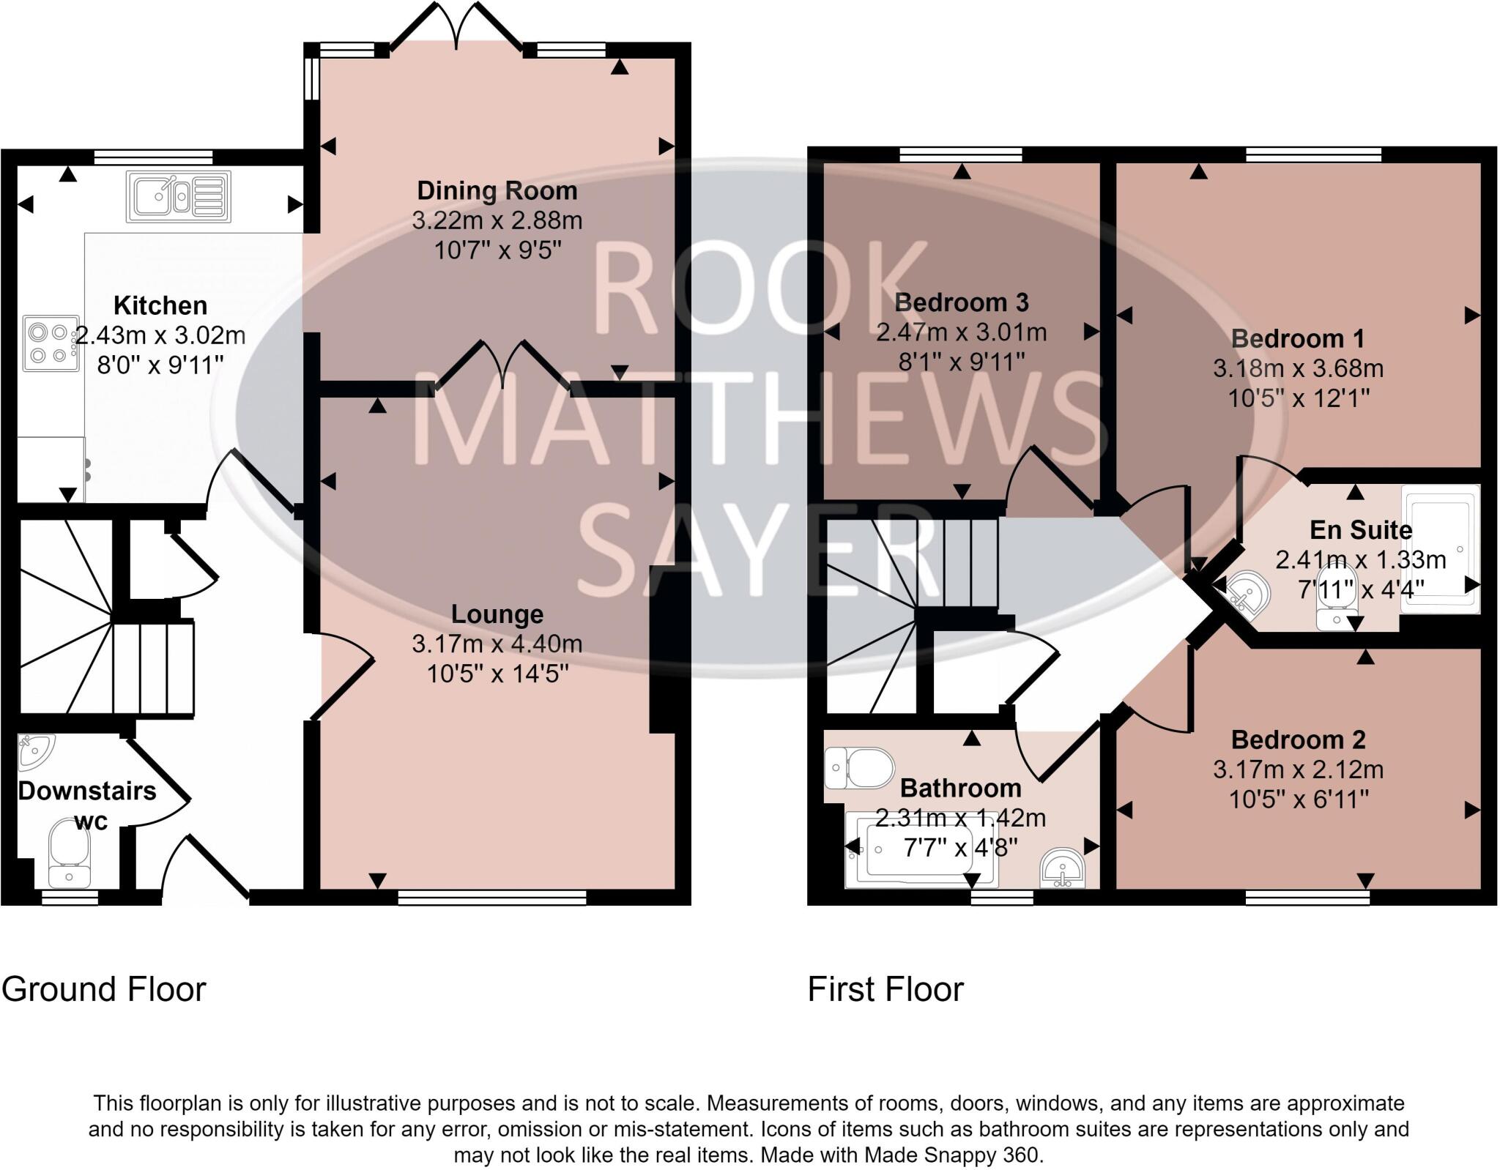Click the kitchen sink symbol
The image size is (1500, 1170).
click(179, 196)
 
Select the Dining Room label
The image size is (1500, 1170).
click(497, 190)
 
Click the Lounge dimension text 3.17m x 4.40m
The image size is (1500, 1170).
click(497, 644)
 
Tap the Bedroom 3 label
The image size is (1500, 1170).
click(961, 302)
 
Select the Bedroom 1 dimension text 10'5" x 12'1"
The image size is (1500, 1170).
click(1298, 398)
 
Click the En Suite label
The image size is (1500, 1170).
click(1360, 529)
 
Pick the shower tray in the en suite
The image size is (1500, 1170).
click(1440, 548)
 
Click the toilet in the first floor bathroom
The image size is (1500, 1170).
click(860, 769)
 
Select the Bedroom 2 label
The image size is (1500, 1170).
click(1298, 739)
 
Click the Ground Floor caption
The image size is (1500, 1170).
click(103, 989)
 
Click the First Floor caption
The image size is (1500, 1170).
click(885, 989)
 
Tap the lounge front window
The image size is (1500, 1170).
click(491, 898)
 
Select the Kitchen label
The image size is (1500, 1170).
click(160, 305)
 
